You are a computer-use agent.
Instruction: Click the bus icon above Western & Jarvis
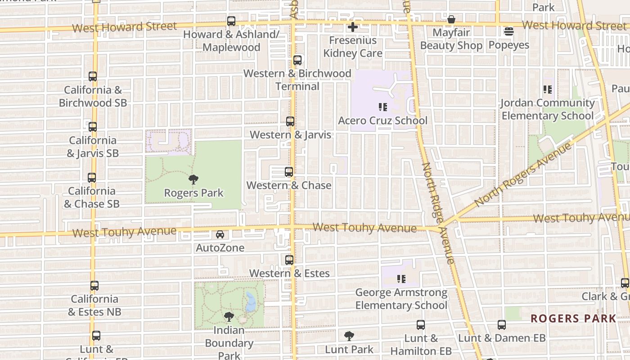click(290, 121)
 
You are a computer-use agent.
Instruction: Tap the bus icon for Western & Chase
click(289, 172)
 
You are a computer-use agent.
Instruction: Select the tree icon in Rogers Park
click(193, 180)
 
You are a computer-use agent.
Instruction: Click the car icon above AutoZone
click(220, 234)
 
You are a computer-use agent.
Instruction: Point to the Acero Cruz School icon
click(383, 107)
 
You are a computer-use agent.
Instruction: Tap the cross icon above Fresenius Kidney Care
click(353, 27)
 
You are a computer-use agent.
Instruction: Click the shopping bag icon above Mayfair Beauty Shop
click(451, 20)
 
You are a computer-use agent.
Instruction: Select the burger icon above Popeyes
click(509, 31)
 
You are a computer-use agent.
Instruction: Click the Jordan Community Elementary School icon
click(548, 90)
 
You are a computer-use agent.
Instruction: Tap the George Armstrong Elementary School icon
click(401, 279)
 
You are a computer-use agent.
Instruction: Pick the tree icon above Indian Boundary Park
click(229, 316)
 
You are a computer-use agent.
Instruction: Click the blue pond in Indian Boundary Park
click(250, 302)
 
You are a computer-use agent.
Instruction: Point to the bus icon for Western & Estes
click(289, 260)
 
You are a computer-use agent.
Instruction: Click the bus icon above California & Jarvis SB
click(93, 127)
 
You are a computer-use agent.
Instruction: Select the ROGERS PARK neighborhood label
click(573, 319)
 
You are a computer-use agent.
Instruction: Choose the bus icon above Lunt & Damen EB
click(502, 325)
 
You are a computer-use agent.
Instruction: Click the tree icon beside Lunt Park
click(349, 336)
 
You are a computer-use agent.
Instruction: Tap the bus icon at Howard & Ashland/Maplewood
click(231, 21)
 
